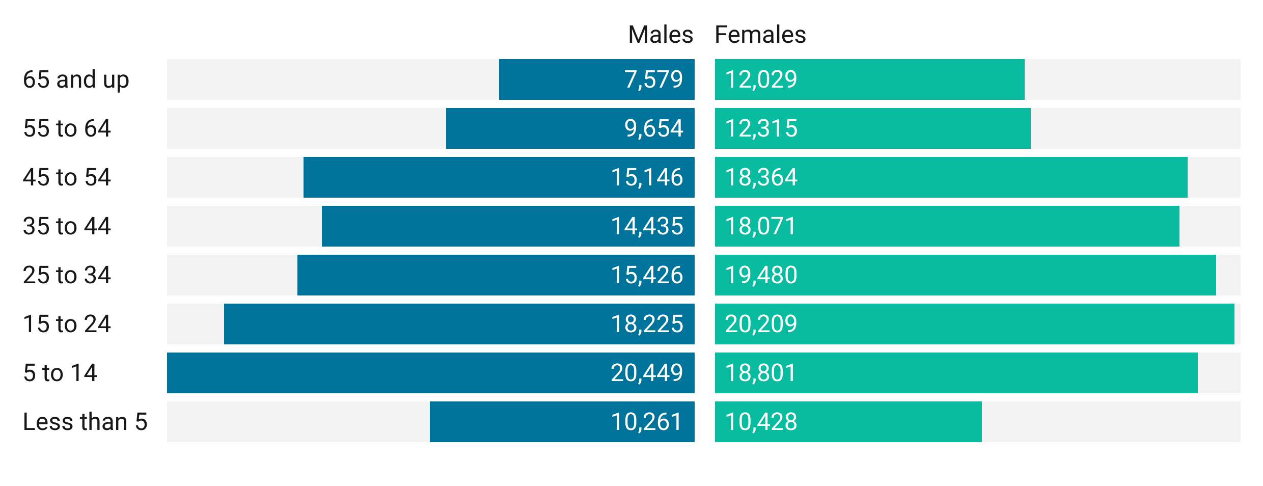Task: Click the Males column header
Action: (660, 35)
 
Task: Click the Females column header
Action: (760, 35)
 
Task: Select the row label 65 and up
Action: (76, 79)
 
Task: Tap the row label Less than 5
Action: (85, 422)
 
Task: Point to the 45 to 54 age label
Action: (67, 177)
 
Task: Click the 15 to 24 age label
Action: (67, 324)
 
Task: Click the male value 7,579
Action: (653, 79)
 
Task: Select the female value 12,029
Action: (761, 79)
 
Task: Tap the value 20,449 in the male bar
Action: (646, 373)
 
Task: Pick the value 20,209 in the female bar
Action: (761, 324)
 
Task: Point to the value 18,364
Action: (761, 177)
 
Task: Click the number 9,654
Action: (653, 128)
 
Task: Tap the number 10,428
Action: (761, 422)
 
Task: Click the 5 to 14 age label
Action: (60, 373)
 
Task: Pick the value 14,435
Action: (646, 226)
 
